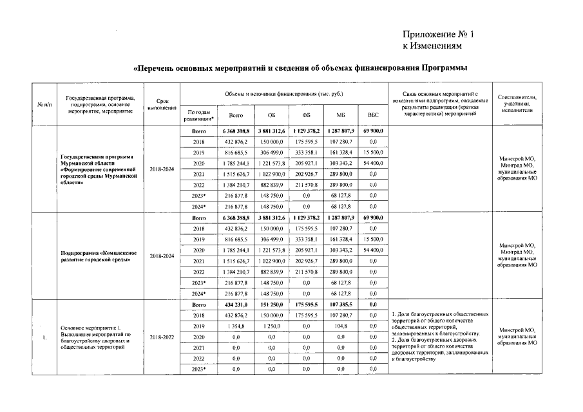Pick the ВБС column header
click(x=372, y=116)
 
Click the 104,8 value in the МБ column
click(x=341, y=326)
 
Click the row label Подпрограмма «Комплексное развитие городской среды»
click(x=97, y=256)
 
